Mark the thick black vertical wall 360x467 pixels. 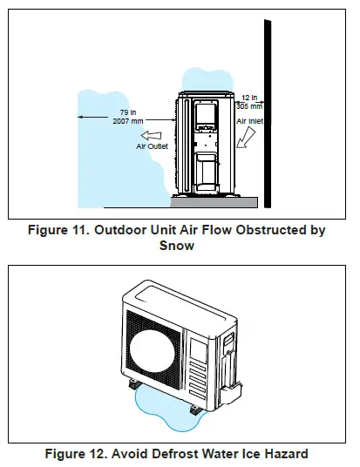click(268, 113)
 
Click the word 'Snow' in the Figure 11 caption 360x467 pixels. click(178, 245)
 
